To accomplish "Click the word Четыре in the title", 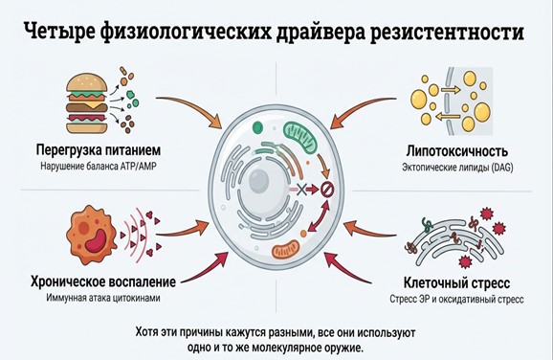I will coord(69,33).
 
